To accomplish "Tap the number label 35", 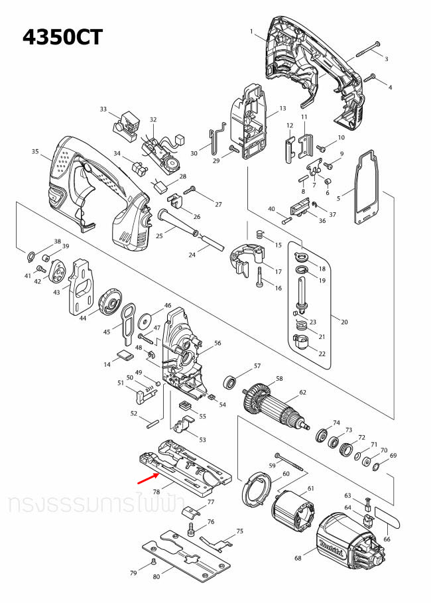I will [35, 152].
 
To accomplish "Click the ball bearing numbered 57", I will [231, 382].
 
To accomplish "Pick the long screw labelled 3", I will [367, 47].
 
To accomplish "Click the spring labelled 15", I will [260, 234].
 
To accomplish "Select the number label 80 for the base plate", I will [156, 577].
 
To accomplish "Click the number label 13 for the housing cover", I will [282, 108].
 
